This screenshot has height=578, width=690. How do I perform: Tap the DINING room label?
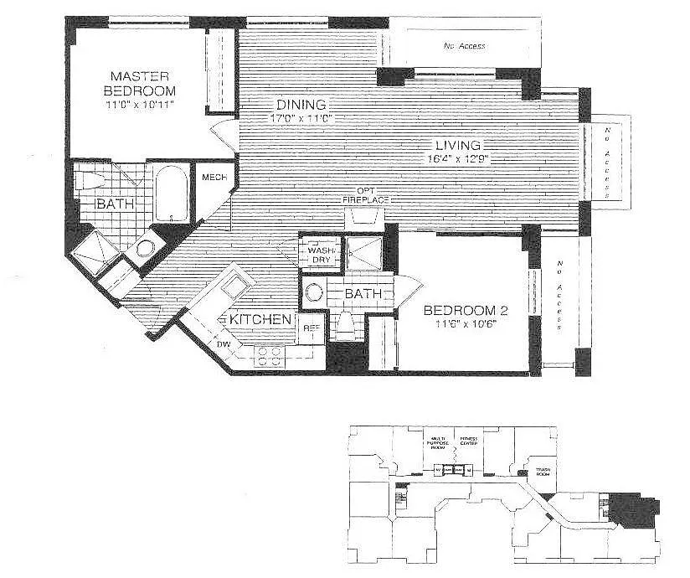point(301,105)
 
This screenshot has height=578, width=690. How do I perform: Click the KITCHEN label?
point(260,320)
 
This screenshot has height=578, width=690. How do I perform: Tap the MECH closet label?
point(209,178)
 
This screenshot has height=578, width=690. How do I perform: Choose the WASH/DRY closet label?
point(321,255)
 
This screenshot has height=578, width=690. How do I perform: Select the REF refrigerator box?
point(310,328)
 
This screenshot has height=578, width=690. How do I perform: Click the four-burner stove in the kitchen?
point(270,356)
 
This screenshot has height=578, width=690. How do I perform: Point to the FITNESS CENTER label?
point(468,442)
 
